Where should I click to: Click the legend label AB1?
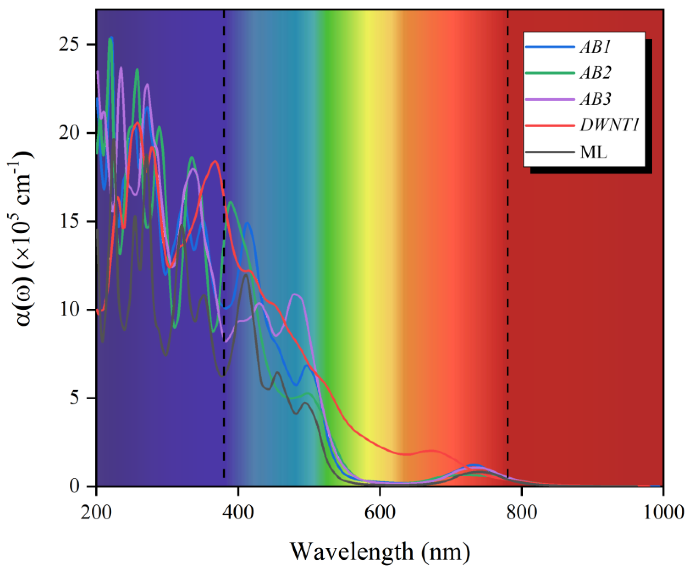(x=595, y=47)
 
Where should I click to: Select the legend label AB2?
(x=595, y=73)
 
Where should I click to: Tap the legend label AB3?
(x=595, y=99)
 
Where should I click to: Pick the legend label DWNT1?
(x=609, y=125)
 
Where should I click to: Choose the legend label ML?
(x=593, y=152)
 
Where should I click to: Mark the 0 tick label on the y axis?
(x=75, y=486)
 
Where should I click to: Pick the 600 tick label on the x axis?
(x=379, y=513)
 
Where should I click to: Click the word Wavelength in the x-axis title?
(x=351, y=551)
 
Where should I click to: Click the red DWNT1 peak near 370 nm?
(x=215, y=161)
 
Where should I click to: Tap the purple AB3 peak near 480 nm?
(x=295, y=294)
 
